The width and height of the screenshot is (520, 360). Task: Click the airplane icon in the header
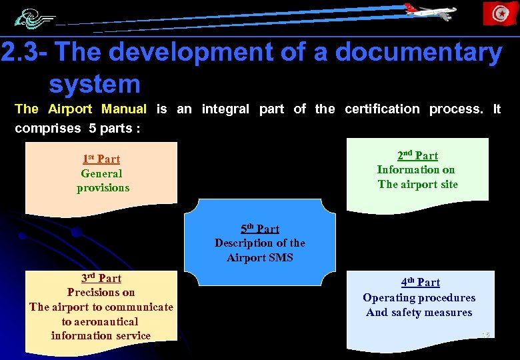[x=430, y=11]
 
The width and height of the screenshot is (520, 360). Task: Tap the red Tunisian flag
[x=500, y=13]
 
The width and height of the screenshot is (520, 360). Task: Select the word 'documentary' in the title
[x=419, y=53]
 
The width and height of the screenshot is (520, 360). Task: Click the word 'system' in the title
[x=94, y=84]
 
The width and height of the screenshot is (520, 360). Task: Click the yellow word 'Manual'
[x=124, y=109]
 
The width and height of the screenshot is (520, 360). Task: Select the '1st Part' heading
[x=101, y=159]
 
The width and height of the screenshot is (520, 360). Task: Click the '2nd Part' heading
[x=417, y=155]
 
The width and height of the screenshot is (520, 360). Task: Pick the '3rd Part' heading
[x=101, y=278]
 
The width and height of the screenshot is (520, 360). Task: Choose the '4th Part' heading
[x=420, y=283]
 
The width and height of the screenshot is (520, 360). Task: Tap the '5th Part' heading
[x=260, y=229]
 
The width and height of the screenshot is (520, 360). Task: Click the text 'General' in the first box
[x=101, y=173]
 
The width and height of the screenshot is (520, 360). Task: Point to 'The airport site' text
[x=418, y=184]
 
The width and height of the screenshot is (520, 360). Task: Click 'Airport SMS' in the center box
[x=260, y=257]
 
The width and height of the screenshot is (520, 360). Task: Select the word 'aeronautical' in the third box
[x=100, y=321]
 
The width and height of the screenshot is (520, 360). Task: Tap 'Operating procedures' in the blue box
[x=419, y=297]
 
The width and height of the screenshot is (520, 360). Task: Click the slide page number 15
[x=485, y=333]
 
